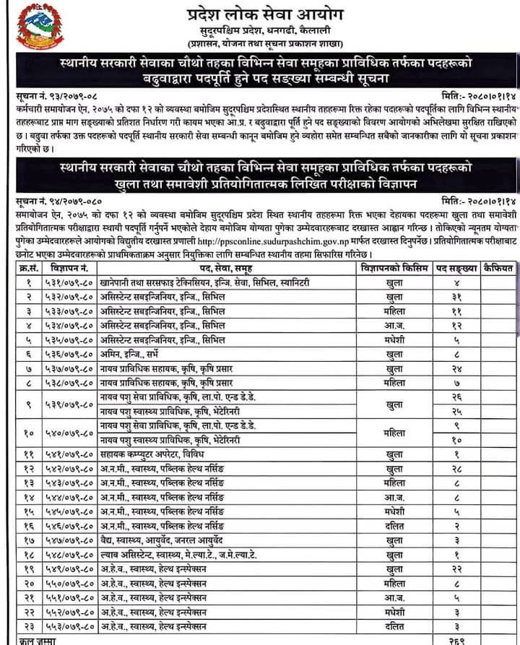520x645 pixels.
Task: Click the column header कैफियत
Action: (498, 268)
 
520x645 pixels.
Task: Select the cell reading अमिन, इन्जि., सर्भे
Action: (140, 355)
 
